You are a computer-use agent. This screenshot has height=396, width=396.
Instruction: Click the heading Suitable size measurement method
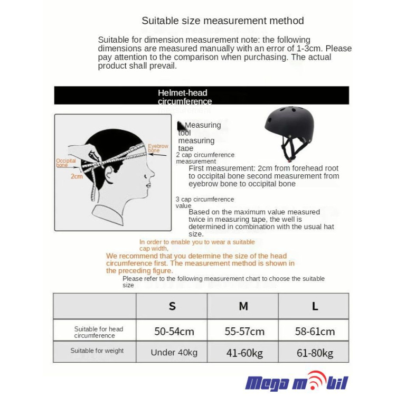(x=222, y=21)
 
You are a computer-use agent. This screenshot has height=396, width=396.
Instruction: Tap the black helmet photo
(x=289, y=132)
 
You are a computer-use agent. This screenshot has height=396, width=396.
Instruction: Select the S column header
(x=172, y=306)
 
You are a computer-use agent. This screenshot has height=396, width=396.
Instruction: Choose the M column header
(x=243, y=306)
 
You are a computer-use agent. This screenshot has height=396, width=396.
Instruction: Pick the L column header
(x=315, y=306)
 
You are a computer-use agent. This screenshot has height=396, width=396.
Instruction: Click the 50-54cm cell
(x=174, y=332)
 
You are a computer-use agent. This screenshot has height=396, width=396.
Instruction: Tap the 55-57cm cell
(x=244, y=332)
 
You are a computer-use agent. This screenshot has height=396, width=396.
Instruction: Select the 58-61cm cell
(x=315, y=332)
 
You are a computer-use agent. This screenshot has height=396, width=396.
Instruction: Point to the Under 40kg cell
(x=174, y=353)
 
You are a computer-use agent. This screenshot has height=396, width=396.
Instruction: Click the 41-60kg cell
(x=244, y=353)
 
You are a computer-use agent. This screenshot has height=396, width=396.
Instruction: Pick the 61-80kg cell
(x=315, y=353)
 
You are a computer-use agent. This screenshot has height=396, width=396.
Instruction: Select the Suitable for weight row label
(x=97, y=351)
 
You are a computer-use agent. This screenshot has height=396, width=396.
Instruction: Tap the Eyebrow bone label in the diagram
(x=157, y=148)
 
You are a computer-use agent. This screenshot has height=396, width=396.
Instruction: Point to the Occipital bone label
(x=66, y=163)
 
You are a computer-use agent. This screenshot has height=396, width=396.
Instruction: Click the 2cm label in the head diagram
(x=77, y=176)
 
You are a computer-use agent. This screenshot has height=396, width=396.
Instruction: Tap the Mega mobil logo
(x=297, y=381)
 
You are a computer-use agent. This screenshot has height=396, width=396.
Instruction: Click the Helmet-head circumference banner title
(x=184, y=97)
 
